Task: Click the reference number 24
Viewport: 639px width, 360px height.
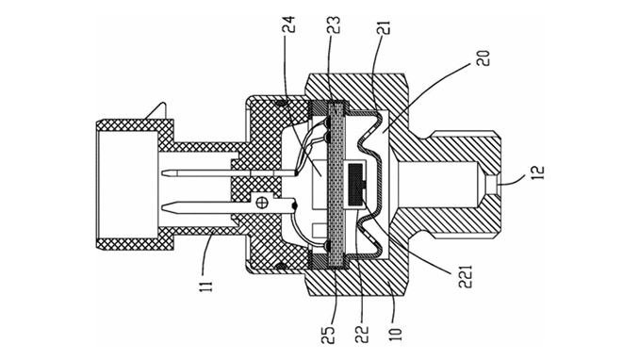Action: click(x=289, y=25)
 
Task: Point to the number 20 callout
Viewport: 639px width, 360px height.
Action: click(x=483, y=58)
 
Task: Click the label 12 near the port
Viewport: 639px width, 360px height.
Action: click(x=537, y=172)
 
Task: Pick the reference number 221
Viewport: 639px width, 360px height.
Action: click(x=466, y=277)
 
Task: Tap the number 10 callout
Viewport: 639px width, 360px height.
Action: click(x=396, y=333)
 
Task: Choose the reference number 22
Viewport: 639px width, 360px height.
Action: click(x=362, y=335)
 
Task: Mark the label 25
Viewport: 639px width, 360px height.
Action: click(x=329, y=335)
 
